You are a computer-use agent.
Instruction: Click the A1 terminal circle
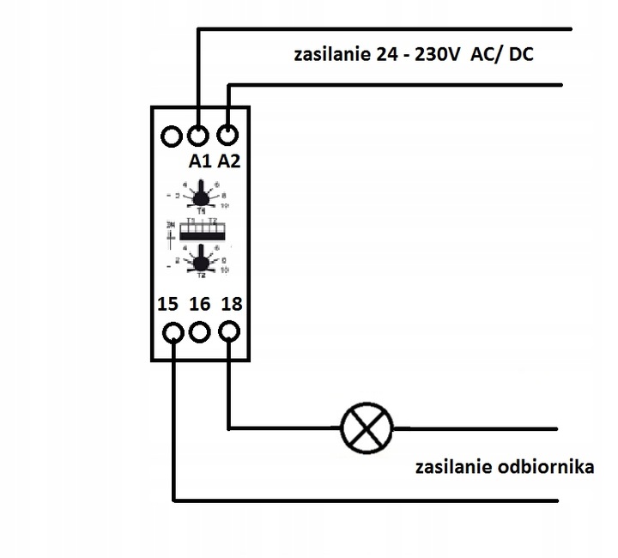[199, 136]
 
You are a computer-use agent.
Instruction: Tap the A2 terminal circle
[227, 136]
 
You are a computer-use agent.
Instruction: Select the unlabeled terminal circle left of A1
[172, 136]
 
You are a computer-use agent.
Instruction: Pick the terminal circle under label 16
[200, 331]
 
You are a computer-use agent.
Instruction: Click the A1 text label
[199, 161]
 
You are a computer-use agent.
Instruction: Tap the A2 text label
[230, 161]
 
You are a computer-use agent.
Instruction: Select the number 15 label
[169, 303]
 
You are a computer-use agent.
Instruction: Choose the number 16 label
[199, 303]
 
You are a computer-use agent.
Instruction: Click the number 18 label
[230, 303]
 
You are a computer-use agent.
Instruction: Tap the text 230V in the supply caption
[438, 57]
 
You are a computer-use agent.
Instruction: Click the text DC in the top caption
[520, 57]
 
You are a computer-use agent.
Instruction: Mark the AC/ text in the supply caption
[486, 57]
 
